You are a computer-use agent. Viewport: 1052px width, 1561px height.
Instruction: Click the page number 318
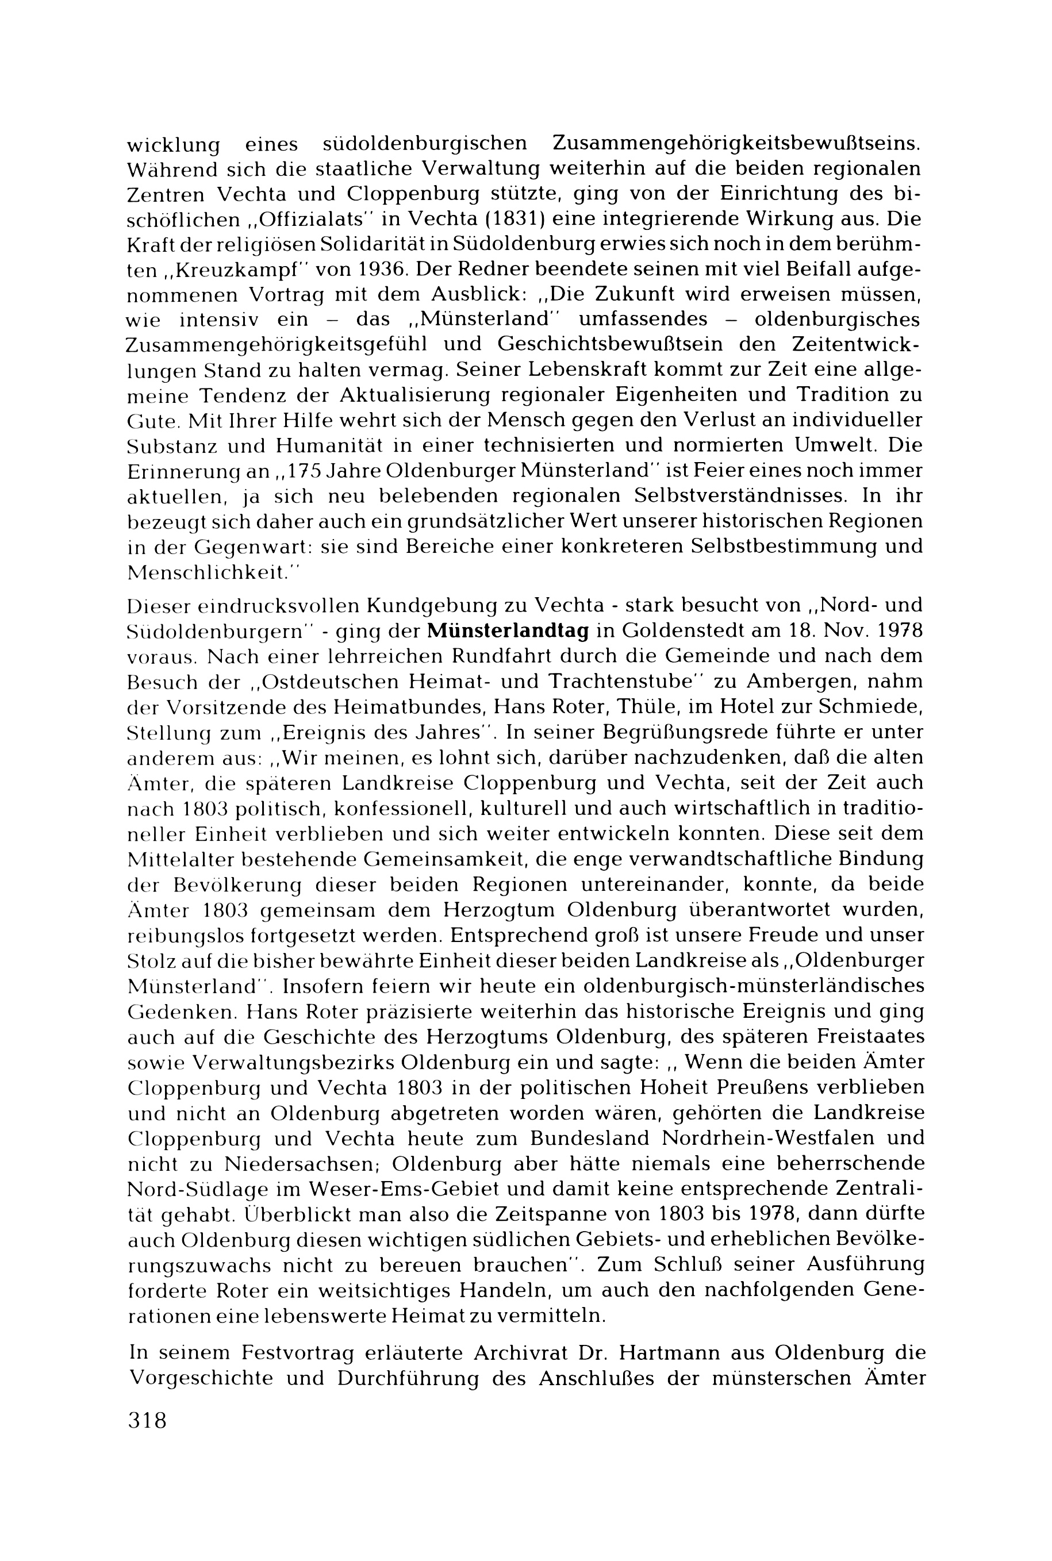147,1420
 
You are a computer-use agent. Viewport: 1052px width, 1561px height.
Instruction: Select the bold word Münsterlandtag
508,630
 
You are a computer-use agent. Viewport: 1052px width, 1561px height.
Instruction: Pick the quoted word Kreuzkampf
221,270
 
